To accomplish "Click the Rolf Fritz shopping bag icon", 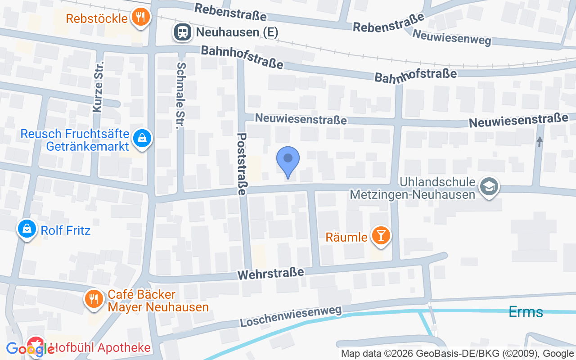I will (27, 229).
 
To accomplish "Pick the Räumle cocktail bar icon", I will (381, 235).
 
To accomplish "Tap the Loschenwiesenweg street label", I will (290, 316).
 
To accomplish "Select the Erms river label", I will (526, 311).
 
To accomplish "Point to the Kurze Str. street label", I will (98, 86).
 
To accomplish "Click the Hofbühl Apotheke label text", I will (100, 348).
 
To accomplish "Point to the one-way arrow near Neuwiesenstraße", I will (540, 142).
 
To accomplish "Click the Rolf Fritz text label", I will (66, 231).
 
